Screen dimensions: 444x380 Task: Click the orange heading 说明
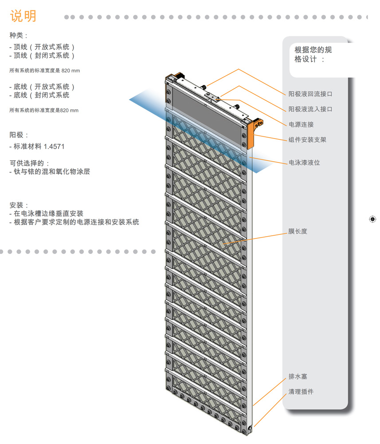[x=23, y=16]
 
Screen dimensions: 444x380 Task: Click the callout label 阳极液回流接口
[x=310, y=94]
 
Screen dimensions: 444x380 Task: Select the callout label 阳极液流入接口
[x=310, y=109]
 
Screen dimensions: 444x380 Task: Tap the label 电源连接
[x=301, y=124]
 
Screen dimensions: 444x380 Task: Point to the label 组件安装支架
[x=307, y=139]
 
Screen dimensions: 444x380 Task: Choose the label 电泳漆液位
[x=304, y=163]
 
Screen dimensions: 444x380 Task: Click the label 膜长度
[x=298, y=231]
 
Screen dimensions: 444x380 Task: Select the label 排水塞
[x=298, y=377]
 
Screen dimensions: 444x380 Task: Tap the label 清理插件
[x=301, y=392]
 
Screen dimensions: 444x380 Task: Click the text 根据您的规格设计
[x=313, y=54]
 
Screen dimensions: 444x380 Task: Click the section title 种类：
[x=19, y=36]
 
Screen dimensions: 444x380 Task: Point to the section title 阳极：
[x=19, y=135]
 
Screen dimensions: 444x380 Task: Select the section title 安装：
[x=19, y=205]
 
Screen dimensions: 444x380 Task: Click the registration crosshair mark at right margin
[x=372, y=219]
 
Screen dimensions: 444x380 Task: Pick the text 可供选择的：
[x=30, y=163]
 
